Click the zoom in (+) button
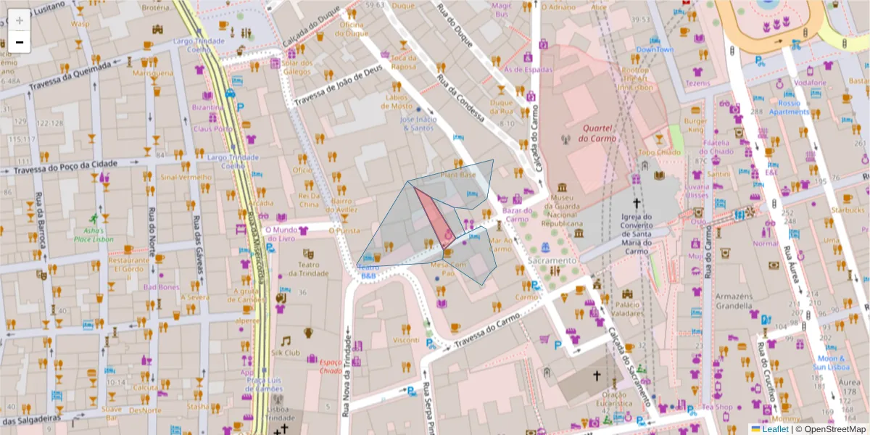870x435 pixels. [x=19, y=20]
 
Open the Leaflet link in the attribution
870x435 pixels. [x=774, y=429]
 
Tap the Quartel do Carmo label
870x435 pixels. [x=599, y=133]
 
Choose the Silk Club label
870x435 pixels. [x=286, y=352]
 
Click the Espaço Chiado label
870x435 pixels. [x=331, y=366]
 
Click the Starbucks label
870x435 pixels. [x=849, y=210]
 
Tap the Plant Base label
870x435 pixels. [x=457, y=175]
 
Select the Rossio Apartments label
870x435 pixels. [x=789, y=107]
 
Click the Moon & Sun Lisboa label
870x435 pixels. [x=831, y=362]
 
